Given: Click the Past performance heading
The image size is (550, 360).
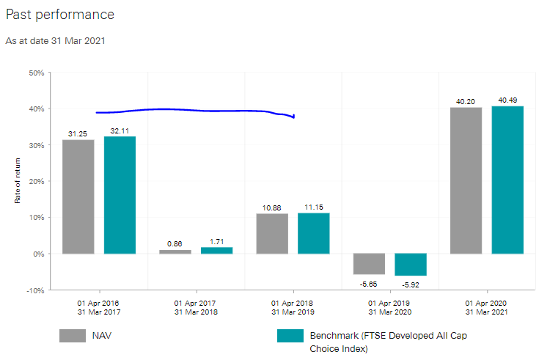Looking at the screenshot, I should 60,15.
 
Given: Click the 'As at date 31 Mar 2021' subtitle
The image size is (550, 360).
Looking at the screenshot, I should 56,41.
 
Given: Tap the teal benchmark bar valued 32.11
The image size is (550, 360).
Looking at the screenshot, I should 120,195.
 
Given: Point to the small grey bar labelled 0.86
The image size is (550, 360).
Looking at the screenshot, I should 175,251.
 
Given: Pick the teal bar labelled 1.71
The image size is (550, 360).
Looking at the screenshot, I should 216,250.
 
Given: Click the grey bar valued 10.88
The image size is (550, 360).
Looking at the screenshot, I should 272,233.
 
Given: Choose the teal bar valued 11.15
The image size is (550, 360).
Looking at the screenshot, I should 313,233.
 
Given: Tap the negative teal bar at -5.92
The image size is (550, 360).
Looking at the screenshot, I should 411,265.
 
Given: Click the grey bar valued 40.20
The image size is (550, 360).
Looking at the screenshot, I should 466,180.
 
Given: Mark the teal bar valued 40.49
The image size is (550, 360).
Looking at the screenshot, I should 507,180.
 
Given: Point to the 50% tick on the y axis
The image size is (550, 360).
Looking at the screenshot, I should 36,73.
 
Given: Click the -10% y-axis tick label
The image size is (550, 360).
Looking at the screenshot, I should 34,290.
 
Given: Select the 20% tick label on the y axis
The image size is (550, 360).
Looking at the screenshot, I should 36,182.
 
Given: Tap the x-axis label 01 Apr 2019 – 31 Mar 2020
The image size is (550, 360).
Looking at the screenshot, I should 389,306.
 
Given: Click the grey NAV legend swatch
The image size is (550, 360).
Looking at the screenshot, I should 73,336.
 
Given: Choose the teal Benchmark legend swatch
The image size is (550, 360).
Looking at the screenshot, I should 290,336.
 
